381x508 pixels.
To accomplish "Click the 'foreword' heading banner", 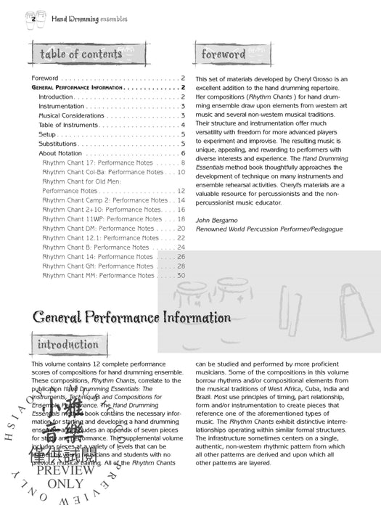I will coord(224,54).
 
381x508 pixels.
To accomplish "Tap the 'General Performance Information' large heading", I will coord(131,317).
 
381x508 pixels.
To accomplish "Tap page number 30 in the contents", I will coord(181,275).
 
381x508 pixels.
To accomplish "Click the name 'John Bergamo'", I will coord(217,219).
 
